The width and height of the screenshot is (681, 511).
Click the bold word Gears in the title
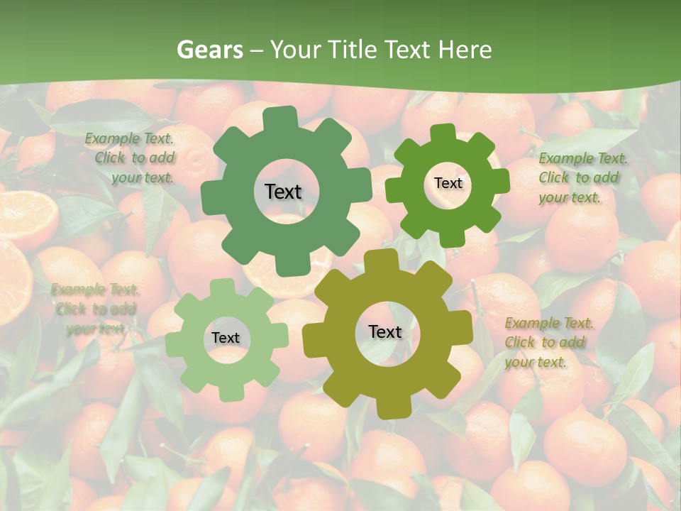coord(209,50)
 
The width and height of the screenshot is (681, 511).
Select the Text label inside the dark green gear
coord(283,192)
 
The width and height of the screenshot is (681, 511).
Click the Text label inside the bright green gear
coord(448,183)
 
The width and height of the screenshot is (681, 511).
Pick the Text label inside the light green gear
coord(226,338)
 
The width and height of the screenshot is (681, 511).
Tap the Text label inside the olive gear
coord(385,331)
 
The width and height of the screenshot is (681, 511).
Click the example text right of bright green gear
coord(582,177)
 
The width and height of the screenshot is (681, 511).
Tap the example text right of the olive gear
coord(548,342)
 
